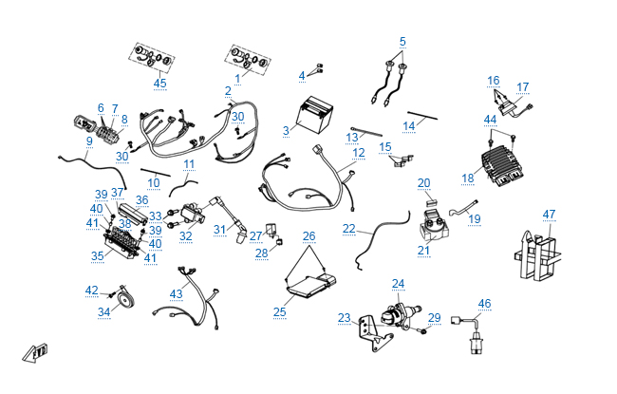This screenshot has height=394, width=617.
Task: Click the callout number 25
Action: tap(279, 310)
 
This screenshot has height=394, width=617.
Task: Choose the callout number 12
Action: tap(358, 152)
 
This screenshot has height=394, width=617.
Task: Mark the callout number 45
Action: tap(159, 83)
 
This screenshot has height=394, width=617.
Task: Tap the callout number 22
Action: tap(349, 229)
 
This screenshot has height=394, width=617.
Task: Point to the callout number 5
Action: tap(402, 42)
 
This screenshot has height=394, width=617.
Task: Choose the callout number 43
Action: tap(177, 294)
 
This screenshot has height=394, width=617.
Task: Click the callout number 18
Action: tap(467, 178)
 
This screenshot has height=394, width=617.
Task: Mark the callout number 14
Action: tap(409, 125)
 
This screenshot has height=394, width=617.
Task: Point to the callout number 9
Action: tap(89, 141)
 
